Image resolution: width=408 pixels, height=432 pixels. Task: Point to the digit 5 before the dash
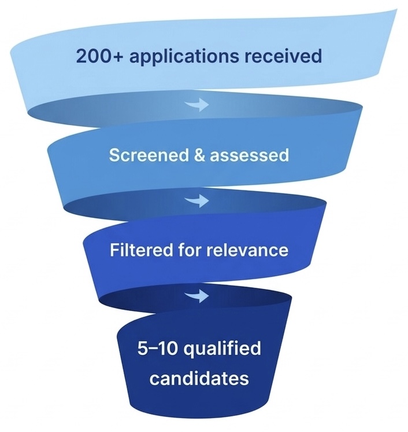coord(143,350)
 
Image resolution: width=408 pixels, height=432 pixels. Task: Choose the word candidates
coord(199,379)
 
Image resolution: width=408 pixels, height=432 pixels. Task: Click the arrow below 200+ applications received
coord(199,106)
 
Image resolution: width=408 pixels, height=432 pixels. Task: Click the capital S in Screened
coord(114,156)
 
